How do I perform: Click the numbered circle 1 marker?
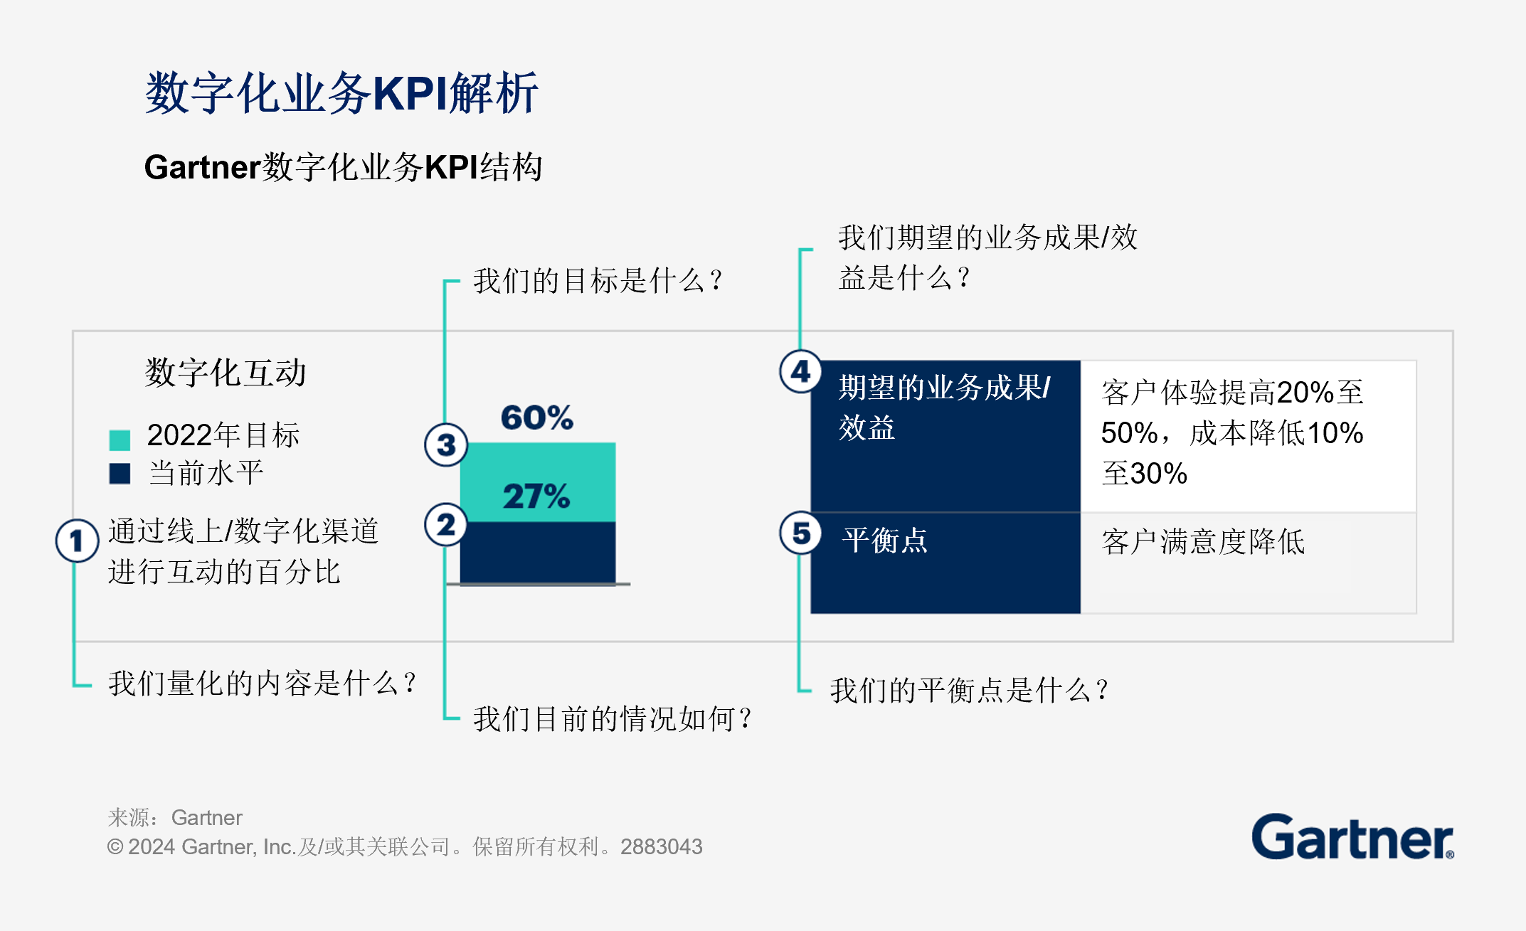pos(77,541)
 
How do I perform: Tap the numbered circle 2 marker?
pos(446,525)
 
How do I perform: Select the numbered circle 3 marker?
pos(446,445)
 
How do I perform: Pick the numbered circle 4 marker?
pos(801,371)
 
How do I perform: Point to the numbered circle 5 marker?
pos(801,533)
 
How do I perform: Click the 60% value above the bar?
pos(536,417)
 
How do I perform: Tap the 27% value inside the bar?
pos(536,496)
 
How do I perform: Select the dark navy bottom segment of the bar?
pos(537,553)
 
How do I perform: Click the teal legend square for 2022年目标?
pos(120,440)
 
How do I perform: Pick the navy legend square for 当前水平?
pos(120,474)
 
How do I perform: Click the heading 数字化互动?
pos(225,373)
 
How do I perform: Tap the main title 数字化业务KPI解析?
pos(341,93)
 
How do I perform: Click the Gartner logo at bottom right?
pos(1352,838)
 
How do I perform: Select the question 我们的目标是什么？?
pos(598,281)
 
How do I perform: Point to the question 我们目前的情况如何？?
pos(613,719)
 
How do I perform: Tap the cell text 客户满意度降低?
pos(1203,542)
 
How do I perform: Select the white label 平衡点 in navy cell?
pos(885,541)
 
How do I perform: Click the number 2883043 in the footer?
pos(661,847)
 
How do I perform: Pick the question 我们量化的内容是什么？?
pos(262,683)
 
